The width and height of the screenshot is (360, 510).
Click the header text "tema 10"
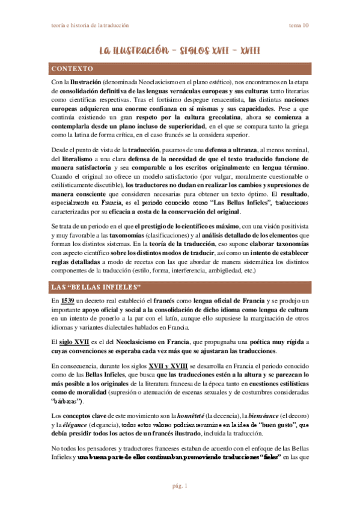(x=299, y=25)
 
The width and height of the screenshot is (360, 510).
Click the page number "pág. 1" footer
(x=180, y=485)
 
